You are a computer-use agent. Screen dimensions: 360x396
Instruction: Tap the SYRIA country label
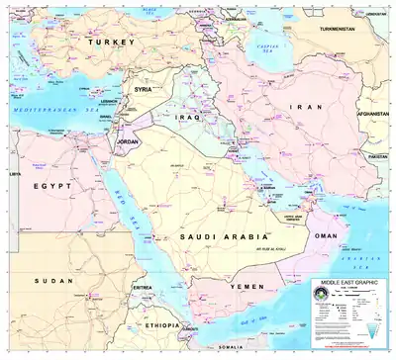pyautogui.click(x=145, y=89)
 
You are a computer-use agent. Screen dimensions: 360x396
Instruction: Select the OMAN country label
pyautogui.click(x=325, y=236)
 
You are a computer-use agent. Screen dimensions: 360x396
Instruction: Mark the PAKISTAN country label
pyautogui.click(x=377, y=157)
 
